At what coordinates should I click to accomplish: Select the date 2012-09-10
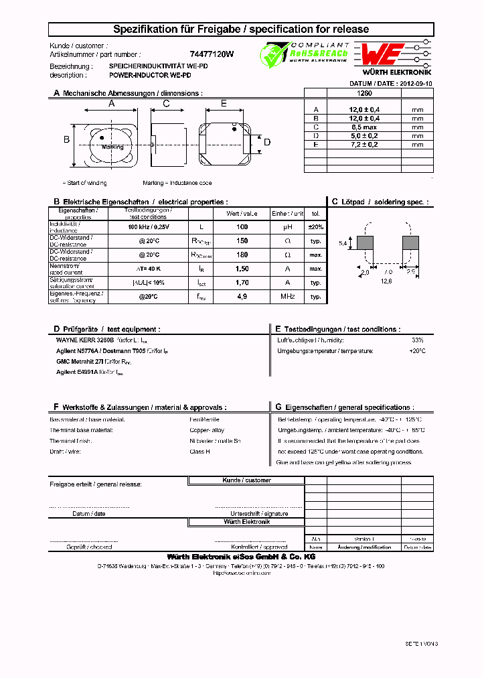416,84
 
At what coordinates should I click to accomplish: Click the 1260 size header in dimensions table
364,94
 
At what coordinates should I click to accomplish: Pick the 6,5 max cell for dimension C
364,127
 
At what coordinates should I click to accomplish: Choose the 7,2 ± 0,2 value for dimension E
364,144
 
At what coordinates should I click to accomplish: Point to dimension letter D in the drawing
267,142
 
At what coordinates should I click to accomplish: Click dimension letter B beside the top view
66,139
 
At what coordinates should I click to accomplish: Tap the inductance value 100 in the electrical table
242,227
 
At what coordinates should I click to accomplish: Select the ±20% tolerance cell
315,227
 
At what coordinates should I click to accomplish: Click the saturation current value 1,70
242,283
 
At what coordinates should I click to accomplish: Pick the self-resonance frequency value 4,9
242,297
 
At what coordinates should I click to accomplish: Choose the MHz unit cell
288,297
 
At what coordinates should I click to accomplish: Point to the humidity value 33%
418,340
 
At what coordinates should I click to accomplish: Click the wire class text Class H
199,452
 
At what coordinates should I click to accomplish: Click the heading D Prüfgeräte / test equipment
107,329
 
